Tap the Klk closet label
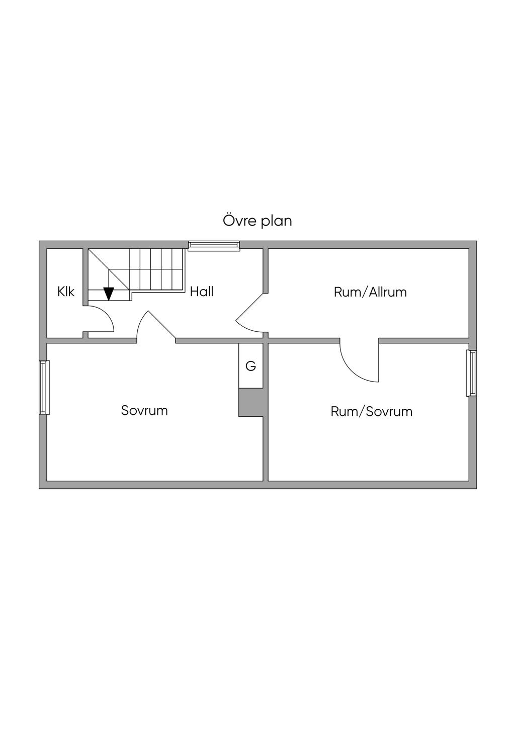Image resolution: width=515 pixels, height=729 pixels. (x=66, y=291)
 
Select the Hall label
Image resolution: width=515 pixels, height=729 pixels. (x=202, y=291)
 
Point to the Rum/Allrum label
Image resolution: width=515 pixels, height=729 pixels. (x=370, y=292)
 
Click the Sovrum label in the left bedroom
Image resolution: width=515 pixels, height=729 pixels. (x=144, y=410)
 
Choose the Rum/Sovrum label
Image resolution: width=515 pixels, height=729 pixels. (x=372, y=411)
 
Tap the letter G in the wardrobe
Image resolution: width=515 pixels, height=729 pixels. (x=250, y=366)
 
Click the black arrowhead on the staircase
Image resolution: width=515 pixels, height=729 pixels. (x=109, y=294)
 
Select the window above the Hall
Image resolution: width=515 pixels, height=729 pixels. (x=214, y=246)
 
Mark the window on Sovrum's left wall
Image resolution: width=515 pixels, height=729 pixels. (x=44, y=387)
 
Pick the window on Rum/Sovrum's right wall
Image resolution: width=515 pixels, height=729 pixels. (x=471, y=373)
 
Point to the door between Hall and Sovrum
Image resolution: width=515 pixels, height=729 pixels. (x=156, y=325)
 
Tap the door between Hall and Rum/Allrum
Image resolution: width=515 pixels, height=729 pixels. (x=249, y=313)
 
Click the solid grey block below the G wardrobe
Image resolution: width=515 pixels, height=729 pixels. (x=250, y=402)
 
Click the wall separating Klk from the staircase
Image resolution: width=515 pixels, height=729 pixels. (x=85, y=277)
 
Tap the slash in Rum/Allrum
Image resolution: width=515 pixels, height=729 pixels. (x=366, y=292)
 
